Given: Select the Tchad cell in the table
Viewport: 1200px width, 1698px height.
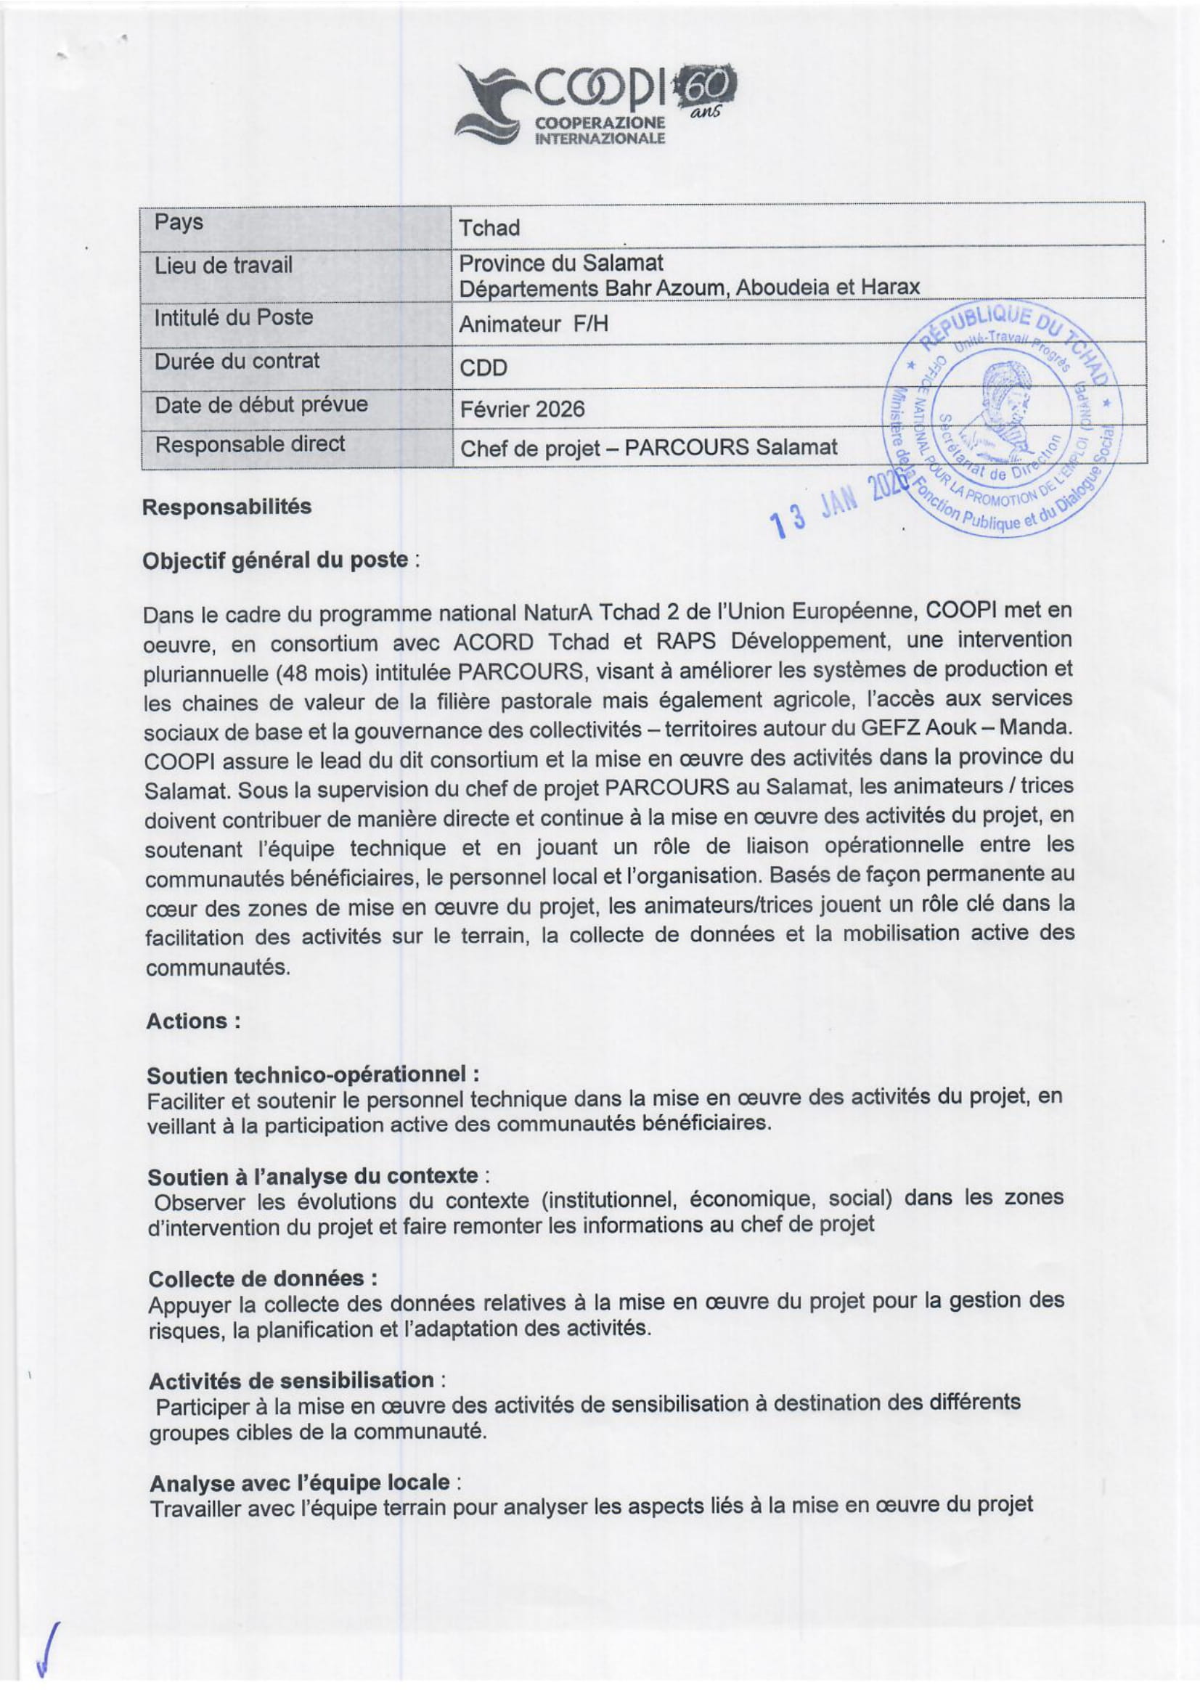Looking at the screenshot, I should [x=489, y=228].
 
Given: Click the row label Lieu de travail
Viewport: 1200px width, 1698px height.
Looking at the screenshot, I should [x=223, y=265].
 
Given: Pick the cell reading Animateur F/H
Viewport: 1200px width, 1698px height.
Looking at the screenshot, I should [x=533, y=324].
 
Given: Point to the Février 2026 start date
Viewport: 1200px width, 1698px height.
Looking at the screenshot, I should [x=521, y=409].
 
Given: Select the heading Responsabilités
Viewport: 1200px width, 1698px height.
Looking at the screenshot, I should [x=226, y=507].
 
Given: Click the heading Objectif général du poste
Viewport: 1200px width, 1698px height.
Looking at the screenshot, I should [x=274, y=560].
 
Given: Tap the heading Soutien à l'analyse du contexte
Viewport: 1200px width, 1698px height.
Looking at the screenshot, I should [x=313, y=1176].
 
